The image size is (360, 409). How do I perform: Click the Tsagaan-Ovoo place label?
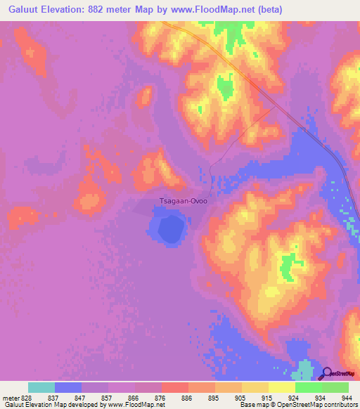coord(184,200)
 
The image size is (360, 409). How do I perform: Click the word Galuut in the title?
coord(22,9)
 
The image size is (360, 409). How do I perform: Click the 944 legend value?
coord(347,398)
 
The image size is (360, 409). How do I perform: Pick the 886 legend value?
coord(186,398)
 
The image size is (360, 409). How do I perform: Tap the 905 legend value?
coord(240,398)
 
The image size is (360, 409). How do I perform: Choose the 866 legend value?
coord(132,398)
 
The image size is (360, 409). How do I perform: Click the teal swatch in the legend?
coord(41,387)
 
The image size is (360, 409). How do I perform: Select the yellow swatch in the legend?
coord(281,387)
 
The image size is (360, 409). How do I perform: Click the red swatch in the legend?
coord(174,387)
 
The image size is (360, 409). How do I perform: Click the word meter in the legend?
coord(11,398)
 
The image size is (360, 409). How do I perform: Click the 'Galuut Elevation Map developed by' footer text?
coord(52,405)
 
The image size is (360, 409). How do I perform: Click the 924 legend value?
coord(293,398)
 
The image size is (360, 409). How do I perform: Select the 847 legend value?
coord(79,398)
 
